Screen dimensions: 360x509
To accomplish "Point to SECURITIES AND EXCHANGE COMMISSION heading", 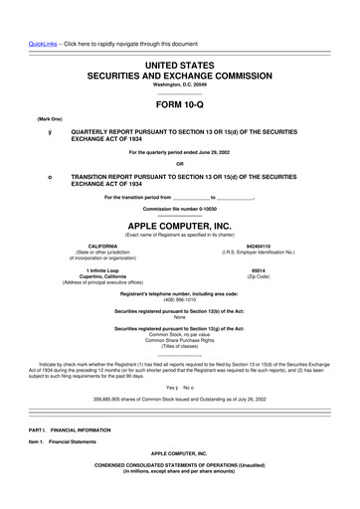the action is pyautogui.click(x=179, y=76).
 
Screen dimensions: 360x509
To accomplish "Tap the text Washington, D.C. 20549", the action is pyautogui.click(x=179, y=85).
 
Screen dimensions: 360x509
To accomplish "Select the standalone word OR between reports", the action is pyautogui.click(x=179, y=163).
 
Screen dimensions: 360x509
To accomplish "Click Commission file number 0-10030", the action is pyautogui.click(x=179, y=210).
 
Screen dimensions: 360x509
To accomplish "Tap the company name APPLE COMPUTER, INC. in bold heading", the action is pyautogui.click(x=179, y=226).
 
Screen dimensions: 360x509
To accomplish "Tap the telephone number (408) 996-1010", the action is pyautogui.click(x=179, y=301).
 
